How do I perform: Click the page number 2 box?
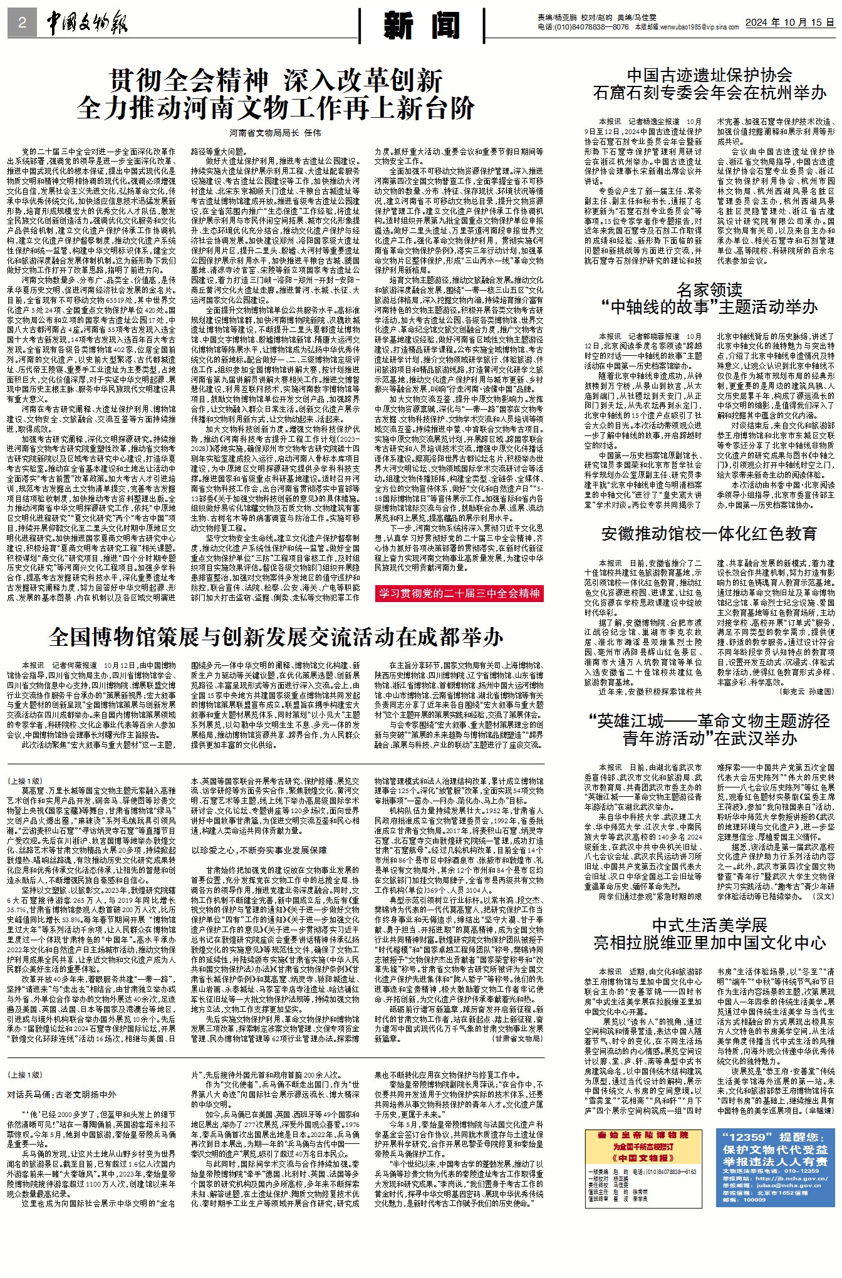point(23,24)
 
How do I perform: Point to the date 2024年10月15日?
point(789,23)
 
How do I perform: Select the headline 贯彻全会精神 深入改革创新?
point(276,81)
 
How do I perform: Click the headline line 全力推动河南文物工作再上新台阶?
point(276,108)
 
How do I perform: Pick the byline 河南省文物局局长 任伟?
point(275,133)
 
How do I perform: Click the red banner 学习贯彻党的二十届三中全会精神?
point(459,593)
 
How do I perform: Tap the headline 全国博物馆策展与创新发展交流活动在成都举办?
point(276,637)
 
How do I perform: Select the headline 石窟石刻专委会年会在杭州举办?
point(710,93)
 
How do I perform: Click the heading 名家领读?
point(709,289)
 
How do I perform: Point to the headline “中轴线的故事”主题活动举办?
point(709,307)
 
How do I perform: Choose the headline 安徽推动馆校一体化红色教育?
point(709,534)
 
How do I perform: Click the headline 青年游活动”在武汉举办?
point(709,739)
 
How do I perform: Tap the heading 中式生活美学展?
point(709,925)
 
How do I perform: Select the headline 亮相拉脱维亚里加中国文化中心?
point(709,943)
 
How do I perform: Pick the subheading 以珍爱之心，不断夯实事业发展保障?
point(259,850)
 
